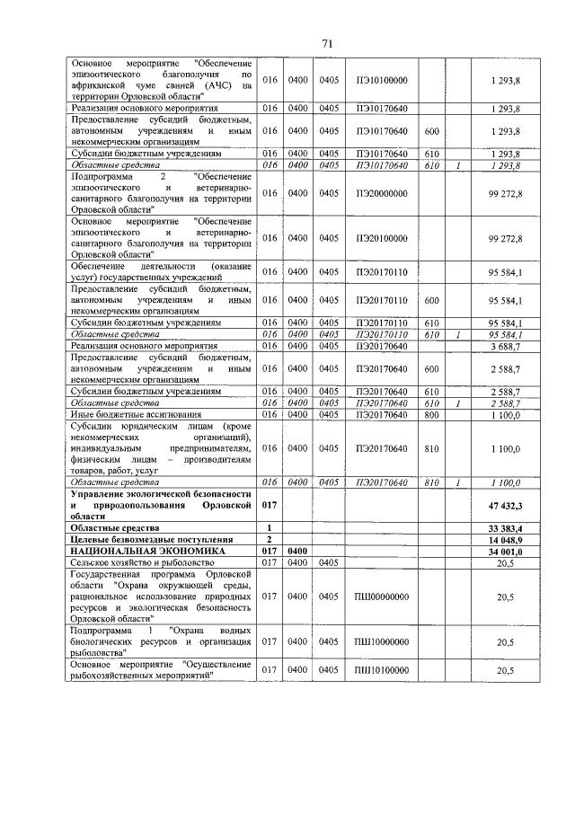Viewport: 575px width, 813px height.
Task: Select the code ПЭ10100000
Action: tap(381, 80)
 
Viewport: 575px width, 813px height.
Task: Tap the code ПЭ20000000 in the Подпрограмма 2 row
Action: tap(381, 193)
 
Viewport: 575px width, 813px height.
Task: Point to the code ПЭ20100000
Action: tap(381, 237)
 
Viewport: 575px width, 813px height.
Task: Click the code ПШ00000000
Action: tap(381, 595)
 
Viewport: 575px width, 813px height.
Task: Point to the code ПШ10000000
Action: tap(381, 642)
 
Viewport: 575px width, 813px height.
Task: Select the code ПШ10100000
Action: tap(381, 669)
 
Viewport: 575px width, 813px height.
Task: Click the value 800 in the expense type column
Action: tap(431, 413)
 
